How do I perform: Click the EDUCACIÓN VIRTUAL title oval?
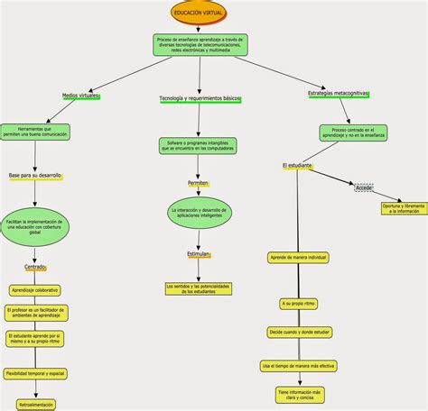[x=200, y=13]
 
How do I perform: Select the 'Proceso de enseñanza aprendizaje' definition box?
[x=200, y=46]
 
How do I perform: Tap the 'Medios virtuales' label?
[x=80, y=94]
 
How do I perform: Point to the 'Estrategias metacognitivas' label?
[x=339, y=93]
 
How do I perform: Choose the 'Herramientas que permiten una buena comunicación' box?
[x=35, y=132]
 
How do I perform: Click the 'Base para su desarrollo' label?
[x=35, y=175]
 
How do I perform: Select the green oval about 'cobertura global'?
[x=35, y=225]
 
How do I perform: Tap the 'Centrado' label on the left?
[x=35, y=267]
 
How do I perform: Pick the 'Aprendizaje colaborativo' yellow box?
[x=35, y=290]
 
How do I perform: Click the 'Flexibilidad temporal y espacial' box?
[x=35, y=372]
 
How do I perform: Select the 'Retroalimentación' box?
[x=35, y=405]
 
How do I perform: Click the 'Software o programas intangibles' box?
[x=199, y=145]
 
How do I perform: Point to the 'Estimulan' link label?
[x=199, y=254]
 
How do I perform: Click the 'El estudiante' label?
[x=297, y=166]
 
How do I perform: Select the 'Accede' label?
[x=364, y=187]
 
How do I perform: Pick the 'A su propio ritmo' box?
[x=297, y=304]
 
